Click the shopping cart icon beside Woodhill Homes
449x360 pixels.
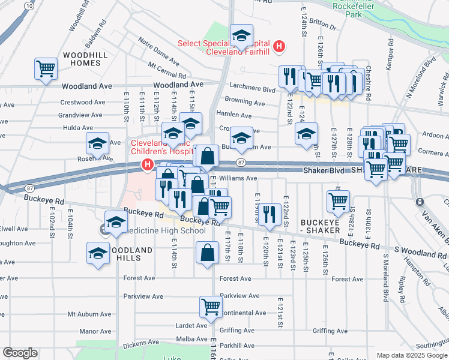[x=46, y=70]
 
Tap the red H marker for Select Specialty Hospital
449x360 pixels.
[x=279, y=46]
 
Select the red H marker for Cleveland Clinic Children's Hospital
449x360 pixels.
[x=146, y=164]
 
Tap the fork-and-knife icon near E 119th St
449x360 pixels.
[x=272, y=213]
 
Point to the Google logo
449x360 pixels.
[x=20, y=353]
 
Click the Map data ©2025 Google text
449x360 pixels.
[x=412, y=355]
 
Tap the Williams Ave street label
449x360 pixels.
[x=238, y=178]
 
